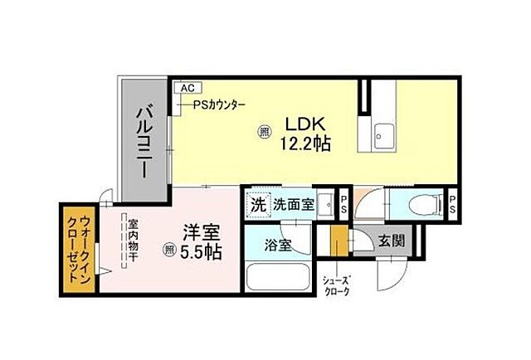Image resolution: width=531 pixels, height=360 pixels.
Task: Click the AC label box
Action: point(187,86)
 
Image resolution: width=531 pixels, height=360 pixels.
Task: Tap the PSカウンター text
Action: point(220,105)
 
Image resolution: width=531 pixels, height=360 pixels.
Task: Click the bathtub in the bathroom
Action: point(279,275)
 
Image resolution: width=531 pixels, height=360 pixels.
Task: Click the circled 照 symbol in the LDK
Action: point(264,131)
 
